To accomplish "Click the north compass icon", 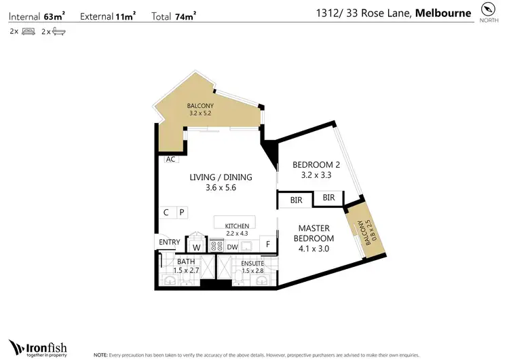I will point(487,10).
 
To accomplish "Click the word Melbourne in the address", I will point(443,13).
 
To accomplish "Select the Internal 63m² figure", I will point(35,15).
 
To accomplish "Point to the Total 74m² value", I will point(174,15).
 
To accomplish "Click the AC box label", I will point(170,159).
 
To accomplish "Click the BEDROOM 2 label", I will point(316,170).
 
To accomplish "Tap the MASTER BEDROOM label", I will point(314,238).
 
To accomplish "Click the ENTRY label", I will point(169,242).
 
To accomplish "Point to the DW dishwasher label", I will point(232,247).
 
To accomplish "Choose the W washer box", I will point(196,248).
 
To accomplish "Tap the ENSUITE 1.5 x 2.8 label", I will point(252,267).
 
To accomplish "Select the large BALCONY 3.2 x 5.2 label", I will point(200,110).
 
